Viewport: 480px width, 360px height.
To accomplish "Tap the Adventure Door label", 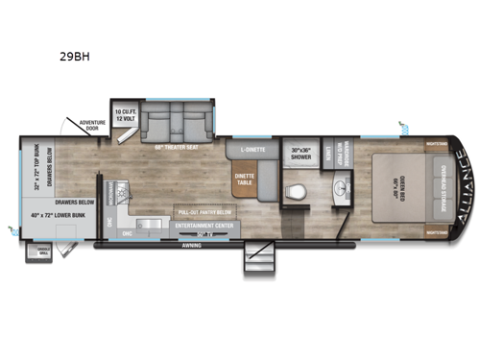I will tap(92, 129).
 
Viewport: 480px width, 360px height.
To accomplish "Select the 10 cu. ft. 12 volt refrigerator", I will tap(124, 114).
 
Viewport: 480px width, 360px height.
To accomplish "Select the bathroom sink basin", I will tap(339, 187).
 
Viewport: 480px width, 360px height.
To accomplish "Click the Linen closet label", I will tap(327, 154).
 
